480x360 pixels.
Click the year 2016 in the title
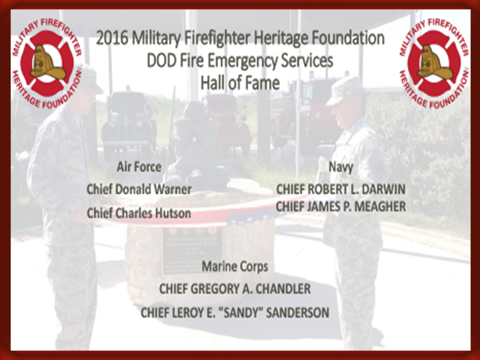(112, 38)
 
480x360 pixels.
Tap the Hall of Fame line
(240, 83)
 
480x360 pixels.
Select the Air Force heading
(139, 167)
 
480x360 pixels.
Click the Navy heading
(341, 167)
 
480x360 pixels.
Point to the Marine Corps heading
(235, 267)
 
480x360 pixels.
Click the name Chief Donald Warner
(139, 189)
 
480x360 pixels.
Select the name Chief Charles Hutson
(139, 213)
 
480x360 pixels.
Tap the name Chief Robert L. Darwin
(341, 189)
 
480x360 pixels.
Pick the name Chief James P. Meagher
(341, 207)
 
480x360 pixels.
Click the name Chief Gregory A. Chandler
(235, 289)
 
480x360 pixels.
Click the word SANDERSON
(298, 313)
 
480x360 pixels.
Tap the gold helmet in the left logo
(47, 63)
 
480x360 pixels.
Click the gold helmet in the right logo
(435, 63)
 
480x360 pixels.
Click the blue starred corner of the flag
(251, 217)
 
